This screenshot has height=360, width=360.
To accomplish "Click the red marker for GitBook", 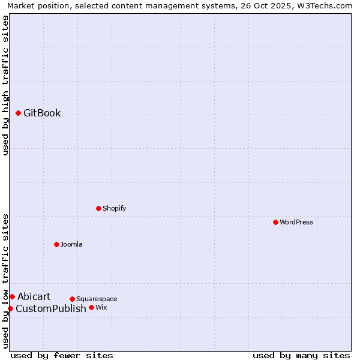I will (x=18, y=113).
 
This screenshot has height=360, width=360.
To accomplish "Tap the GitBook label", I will (x=42, y=113).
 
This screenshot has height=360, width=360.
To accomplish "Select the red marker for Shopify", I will (x=98, y=208).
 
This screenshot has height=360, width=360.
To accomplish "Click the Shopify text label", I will (x=114, y=209).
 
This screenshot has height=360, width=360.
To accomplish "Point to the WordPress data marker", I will (x=275, y=222).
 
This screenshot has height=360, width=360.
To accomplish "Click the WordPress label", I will (x=296, y=223).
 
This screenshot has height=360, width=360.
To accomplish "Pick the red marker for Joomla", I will (x=56, y=244).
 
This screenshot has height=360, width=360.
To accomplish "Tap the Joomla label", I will (x=71, y=245).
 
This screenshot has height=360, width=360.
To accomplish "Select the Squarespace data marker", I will (x=72, y=299).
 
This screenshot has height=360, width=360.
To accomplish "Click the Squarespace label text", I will (x=97, y=299).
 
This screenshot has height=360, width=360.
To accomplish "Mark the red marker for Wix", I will (x=91, y=307).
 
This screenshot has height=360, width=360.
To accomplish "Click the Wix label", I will (x=101, y=308).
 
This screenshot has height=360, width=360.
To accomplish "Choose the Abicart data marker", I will (x=12, y=296).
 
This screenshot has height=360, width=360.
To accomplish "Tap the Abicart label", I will (x=34, y=297).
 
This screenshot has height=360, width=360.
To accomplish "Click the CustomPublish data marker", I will (x=10, y=308).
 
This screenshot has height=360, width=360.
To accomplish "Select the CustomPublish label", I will (x=50, y=309).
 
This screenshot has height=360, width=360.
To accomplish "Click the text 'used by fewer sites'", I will (x=62, y=355).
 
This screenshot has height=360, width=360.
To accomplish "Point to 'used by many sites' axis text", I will (x=301, y=355).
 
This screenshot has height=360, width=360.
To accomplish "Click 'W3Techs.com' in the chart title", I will (x=326, y=6).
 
